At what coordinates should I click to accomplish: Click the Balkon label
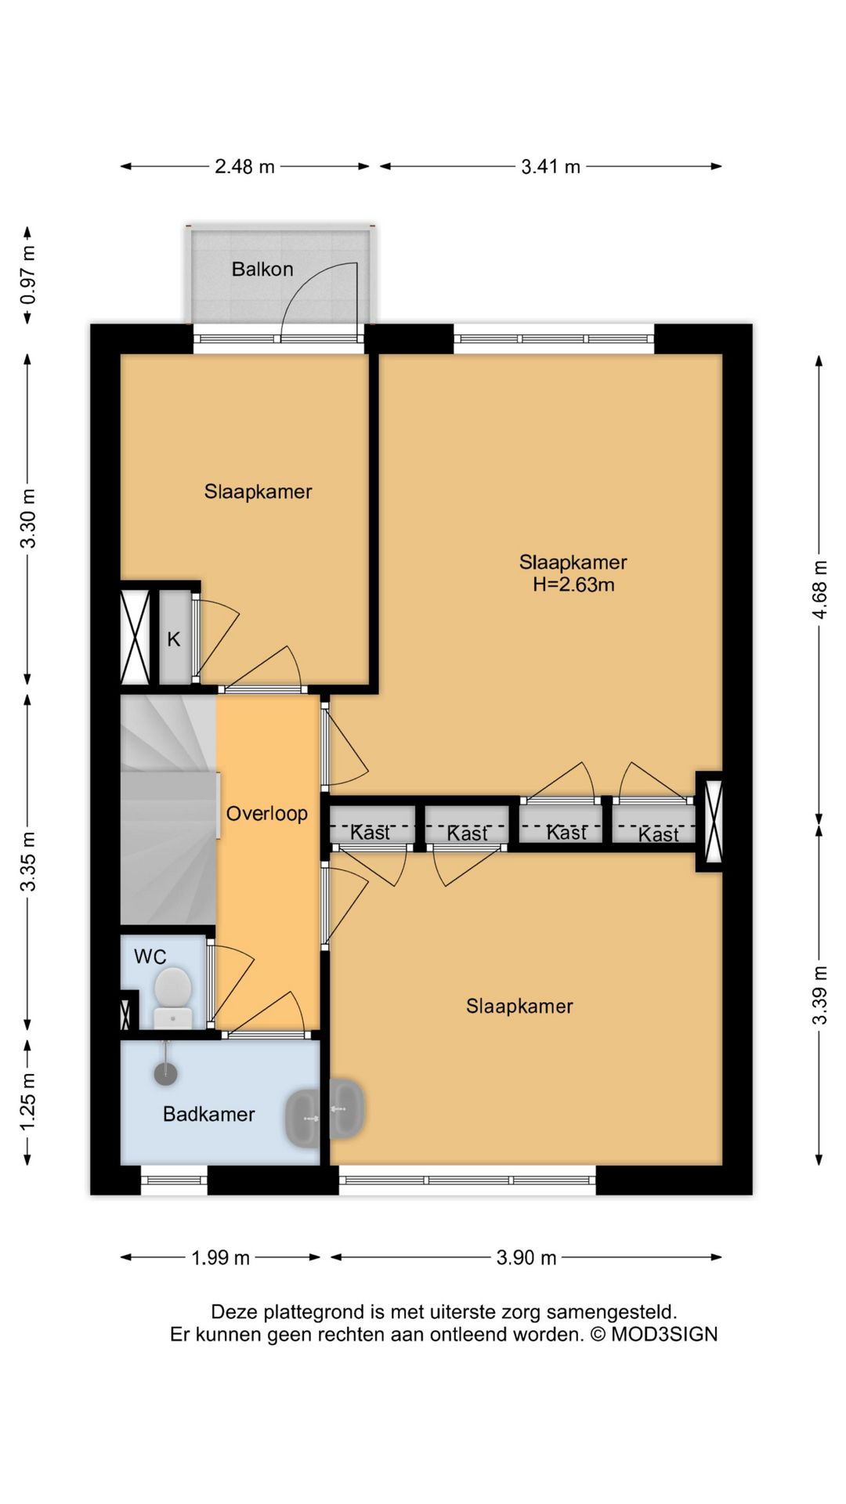point(262,269)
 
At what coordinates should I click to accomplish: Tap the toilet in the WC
point(173,996)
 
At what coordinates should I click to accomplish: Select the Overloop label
point(267,814)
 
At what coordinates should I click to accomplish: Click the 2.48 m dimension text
point(245,167)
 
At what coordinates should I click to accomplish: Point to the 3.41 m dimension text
point(551,167)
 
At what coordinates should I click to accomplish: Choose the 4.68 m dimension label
point(819,589)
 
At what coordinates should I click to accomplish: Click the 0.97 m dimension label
point(28,275)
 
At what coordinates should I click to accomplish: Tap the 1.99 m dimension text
point(221,1258)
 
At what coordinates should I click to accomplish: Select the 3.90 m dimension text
point(526,1258)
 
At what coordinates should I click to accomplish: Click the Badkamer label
point(209,1115)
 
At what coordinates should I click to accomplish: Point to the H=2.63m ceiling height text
point(573,584)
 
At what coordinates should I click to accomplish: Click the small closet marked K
point(175,638)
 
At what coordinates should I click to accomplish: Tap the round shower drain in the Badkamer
point(165,1073)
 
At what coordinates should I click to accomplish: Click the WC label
point(150,956)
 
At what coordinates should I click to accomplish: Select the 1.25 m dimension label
point(28,1102)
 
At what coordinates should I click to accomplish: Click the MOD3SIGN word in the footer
point(664,1334)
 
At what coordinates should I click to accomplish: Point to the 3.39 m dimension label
point(819,995)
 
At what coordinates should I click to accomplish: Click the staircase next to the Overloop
point(168,811)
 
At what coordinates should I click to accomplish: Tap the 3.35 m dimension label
point(28,862)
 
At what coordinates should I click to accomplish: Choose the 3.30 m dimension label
point(28,519)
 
